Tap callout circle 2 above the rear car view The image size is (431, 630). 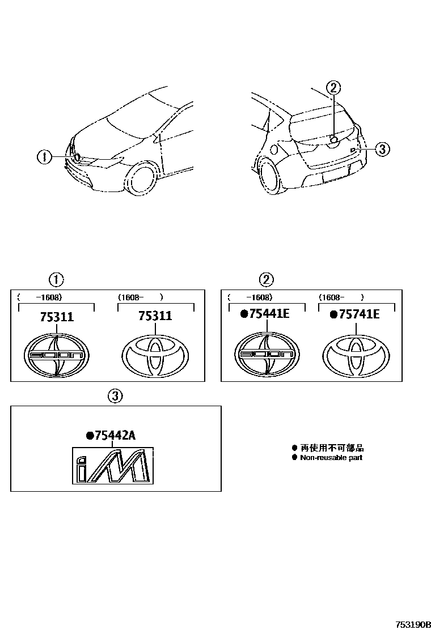(333, 87)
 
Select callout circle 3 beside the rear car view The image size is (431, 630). (382, 149)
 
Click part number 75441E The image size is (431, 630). (265, 314)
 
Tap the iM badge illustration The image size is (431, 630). (112, 465)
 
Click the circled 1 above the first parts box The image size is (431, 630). (56, 279)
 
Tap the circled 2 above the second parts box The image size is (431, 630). (266, 279)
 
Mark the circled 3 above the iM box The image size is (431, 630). (115, 396)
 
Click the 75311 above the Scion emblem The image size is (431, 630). (57, 317)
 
